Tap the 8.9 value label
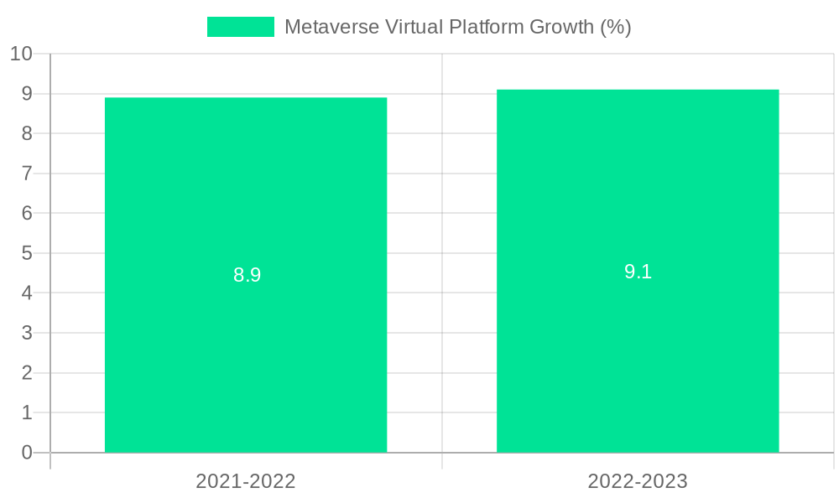(247, 275)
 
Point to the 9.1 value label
(638, 272)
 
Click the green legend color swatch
(240, 27)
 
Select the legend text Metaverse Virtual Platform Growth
(457, 27)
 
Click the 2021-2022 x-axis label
(246, 481)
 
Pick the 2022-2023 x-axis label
(638, 481)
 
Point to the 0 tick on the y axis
(26, 453)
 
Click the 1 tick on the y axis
(26, 412)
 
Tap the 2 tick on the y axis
(26, 373)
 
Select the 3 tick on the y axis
(26, 333)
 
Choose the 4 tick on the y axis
(26, 293)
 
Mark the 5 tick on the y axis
(26, 253)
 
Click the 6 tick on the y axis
(26, 213)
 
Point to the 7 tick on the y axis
(26, 174)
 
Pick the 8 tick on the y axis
(26, 133)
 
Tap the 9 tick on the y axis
(26, 94)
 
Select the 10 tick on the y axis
(21, 54)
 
